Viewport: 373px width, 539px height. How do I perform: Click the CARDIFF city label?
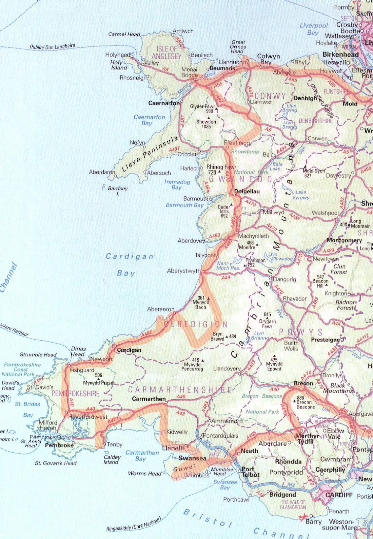coord(339,495)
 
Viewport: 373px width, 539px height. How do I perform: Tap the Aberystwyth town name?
coord(183,271)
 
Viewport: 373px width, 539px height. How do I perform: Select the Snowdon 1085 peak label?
coord(206,124)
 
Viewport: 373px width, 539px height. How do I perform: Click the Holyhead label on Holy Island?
coord(117,55)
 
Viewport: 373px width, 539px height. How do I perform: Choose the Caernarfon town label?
coord(164,103)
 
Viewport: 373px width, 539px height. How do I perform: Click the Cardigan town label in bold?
coord(129,350)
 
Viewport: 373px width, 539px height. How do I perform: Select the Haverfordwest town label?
coord(88,417)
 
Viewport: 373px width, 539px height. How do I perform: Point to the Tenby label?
coord(114,444)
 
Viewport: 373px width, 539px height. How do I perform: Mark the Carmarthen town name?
coord(149,399)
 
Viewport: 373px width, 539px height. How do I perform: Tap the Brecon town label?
coord(303,383)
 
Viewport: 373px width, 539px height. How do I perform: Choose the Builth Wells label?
coord(291,346)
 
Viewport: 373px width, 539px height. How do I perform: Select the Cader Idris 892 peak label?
coord(224,211)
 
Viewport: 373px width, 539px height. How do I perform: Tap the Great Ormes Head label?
coord(238,46)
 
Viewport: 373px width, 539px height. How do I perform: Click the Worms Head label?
coord(144,473)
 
